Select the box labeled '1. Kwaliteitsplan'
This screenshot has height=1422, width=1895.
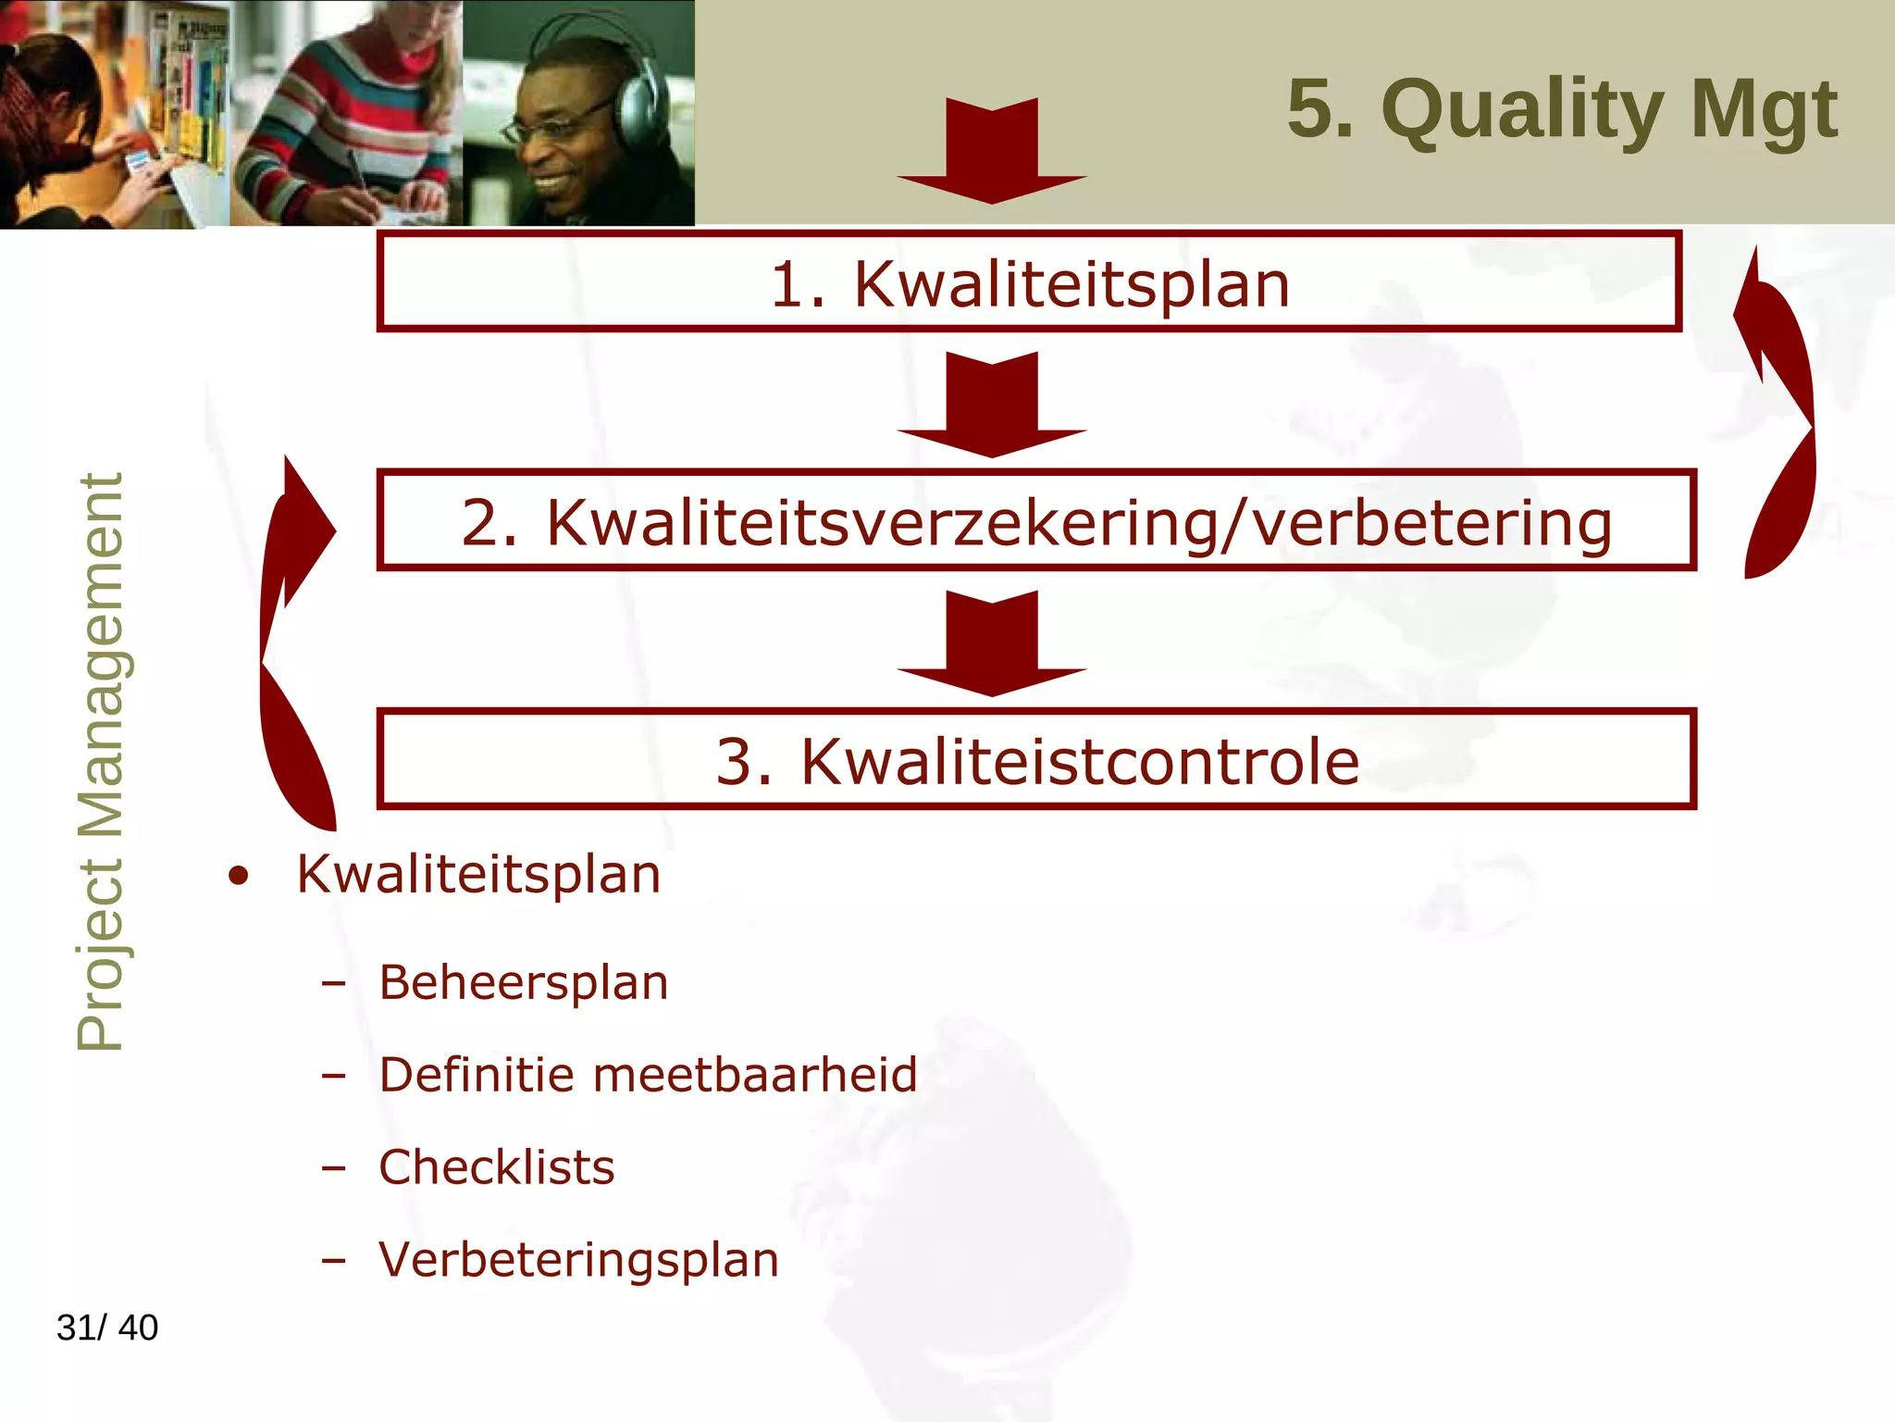coord(1029,282)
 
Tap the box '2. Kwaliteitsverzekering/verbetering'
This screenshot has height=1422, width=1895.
coord(1036,521)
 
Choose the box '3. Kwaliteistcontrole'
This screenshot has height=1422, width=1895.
coord(1036,760)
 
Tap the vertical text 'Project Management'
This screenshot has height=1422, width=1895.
coord(100,761)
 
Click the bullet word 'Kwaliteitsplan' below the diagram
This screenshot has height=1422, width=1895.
coord(478,875)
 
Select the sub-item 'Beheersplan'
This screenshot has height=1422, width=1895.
coord(523,982)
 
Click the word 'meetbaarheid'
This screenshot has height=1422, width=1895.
coord(754,1075)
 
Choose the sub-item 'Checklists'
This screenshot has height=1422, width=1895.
coord(497,1167)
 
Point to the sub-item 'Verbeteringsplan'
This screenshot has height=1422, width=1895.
coord(578,1260)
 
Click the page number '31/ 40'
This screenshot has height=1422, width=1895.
coord(107,1328)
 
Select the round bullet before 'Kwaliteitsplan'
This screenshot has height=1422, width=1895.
coord(239,876)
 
